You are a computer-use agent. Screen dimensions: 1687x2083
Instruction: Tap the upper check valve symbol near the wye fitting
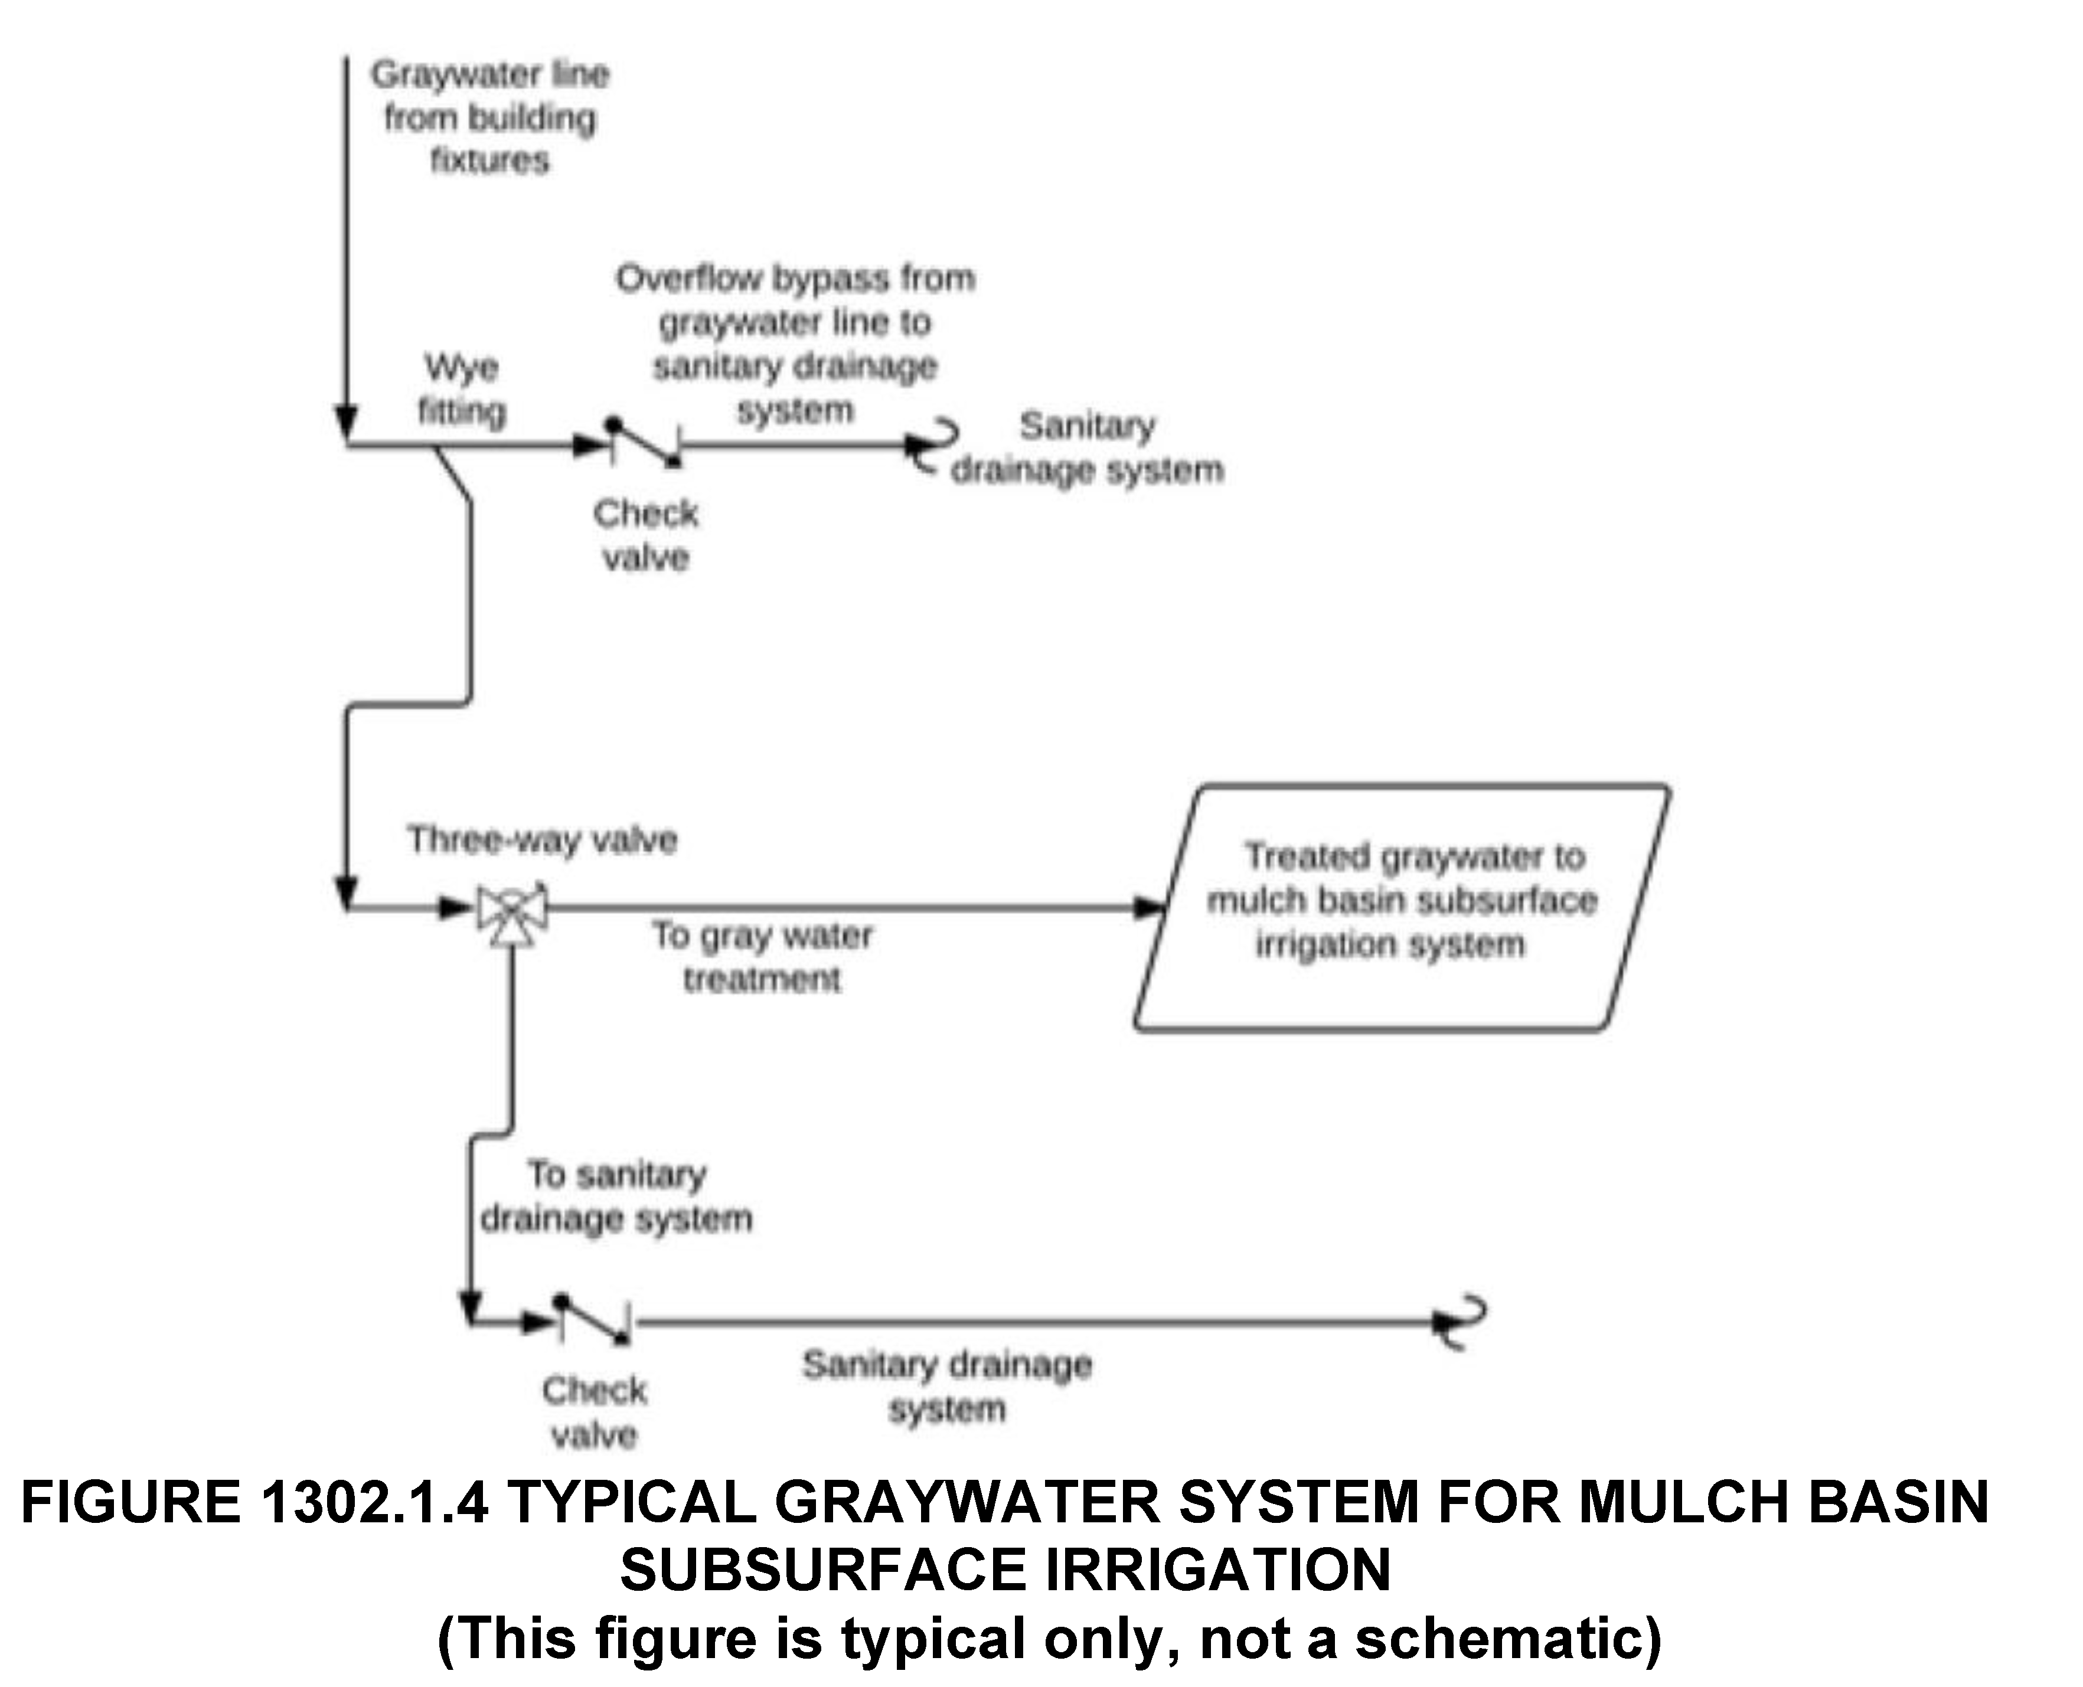click(x=644, y=443)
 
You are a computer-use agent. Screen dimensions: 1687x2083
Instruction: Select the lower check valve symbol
click(x=592, y=1320)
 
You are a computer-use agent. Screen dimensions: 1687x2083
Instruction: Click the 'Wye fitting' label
click(x=462, y=390)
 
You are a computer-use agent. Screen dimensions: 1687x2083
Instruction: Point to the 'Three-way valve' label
click(x=541, y=839)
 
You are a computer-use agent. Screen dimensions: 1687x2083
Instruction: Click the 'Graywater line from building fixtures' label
click(x=490, y=117)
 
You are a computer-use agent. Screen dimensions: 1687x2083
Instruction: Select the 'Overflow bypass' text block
click(x=795, y=344)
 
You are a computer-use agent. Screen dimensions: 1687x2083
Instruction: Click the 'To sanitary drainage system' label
click(x=616, y=1196)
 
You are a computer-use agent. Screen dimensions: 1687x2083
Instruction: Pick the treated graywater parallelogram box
click(x=1402, y=907)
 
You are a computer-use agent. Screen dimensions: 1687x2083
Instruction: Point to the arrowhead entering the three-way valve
click(x=455, y=908)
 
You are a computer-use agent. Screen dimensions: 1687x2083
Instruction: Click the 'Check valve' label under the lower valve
click(x=594, y=1412)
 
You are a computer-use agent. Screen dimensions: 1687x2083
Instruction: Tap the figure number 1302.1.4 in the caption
click(x=374, y=1502)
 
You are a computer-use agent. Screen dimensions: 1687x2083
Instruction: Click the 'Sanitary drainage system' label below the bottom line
click(x=946, y=1387)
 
